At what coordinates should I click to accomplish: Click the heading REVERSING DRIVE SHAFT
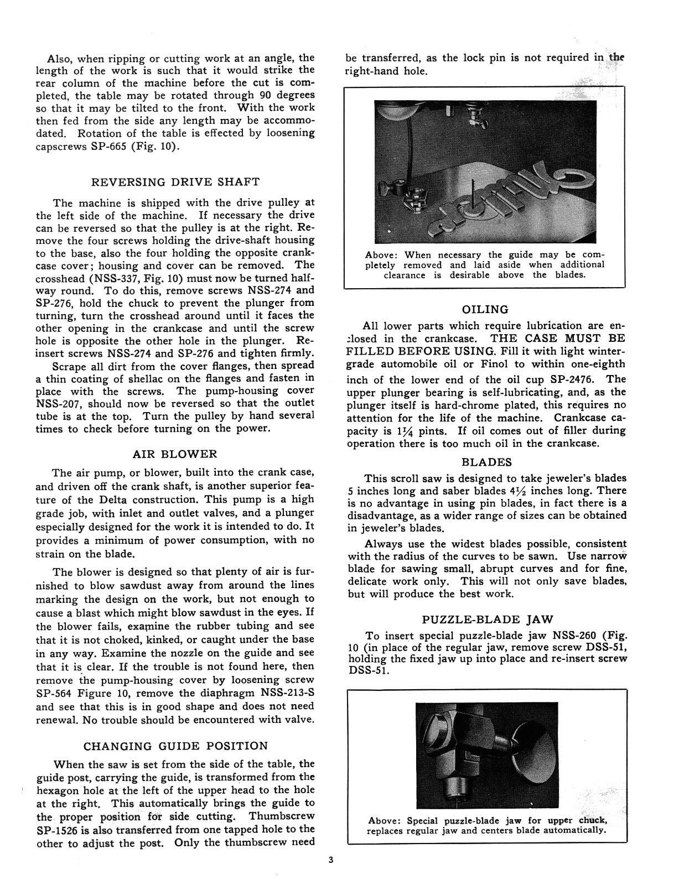click(x=175, y=182)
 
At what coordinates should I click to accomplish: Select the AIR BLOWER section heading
click(x=175, y=454)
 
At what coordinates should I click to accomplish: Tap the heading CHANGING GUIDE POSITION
click(x=175, y=746)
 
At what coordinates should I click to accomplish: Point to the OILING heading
click(x=485, y=310)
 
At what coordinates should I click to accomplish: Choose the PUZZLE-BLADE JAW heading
click(x=484, y=619)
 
